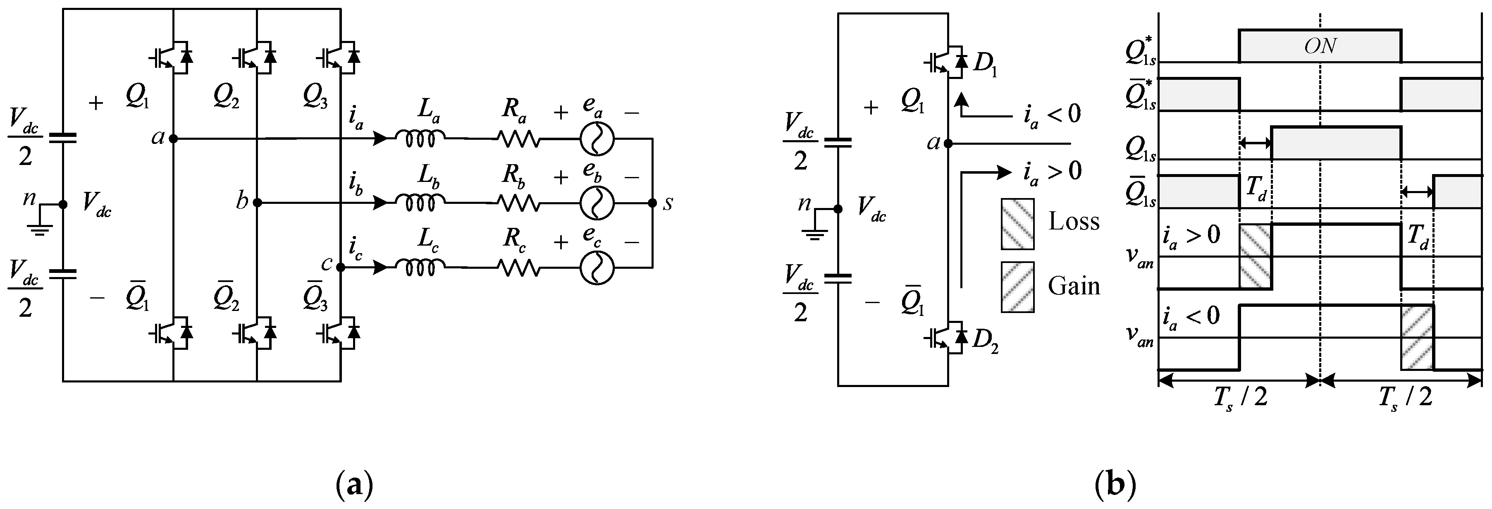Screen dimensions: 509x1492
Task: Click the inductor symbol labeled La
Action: (x=420, y=138)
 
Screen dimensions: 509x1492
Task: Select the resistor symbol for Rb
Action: (x=518, y=203)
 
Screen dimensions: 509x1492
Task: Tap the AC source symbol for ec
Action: (x=597, y=268)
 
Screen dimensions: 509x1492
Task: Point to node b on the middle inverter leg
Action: (x=257, y=203)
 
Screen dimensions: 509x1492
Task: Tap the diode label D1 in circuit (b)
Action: (x=985, y=64)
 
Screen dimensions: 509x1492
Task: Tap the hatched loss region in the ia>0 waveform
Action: (x=1255, y=256)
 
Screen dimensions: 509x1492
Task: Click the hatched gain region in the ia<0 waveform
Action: (x=1417, y=337)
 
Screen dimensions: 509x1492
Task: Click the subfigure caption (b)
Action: (x=1115, y=485)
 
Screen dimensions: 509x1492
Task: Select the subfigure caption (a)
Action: (x=354, y=485)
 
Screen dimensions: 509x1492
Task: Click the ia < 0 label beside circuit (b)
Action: (x=1051, y=114)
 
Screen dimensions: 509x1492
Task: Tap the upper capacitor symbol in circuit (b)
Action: (x=838, y=143)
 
